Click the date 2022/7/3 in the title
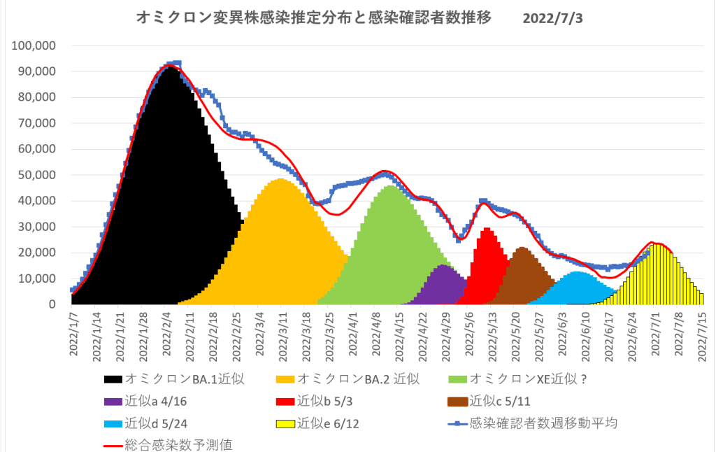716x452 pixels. coord(552,18)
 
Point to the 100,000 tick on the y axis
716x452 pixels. coord(36,46)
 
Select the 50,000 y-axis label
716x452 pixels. coord(38,175)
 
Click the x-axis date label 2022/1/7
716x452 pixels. coord(73,333)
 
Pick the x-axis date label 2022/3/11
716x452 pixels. coord(282,333)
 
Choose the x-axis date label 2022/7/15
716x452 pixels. coord(701,333)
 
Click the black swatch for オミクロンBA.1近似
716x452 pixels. coord(113,380)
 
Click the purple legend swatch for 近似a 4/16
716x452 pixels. coord(113,402)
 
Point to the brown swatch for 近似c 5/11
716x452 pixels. coord(457,402)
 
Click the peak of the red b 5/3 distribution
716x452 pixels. coord(487,229)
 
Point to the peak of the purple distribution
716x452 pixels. coord(443,266)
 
